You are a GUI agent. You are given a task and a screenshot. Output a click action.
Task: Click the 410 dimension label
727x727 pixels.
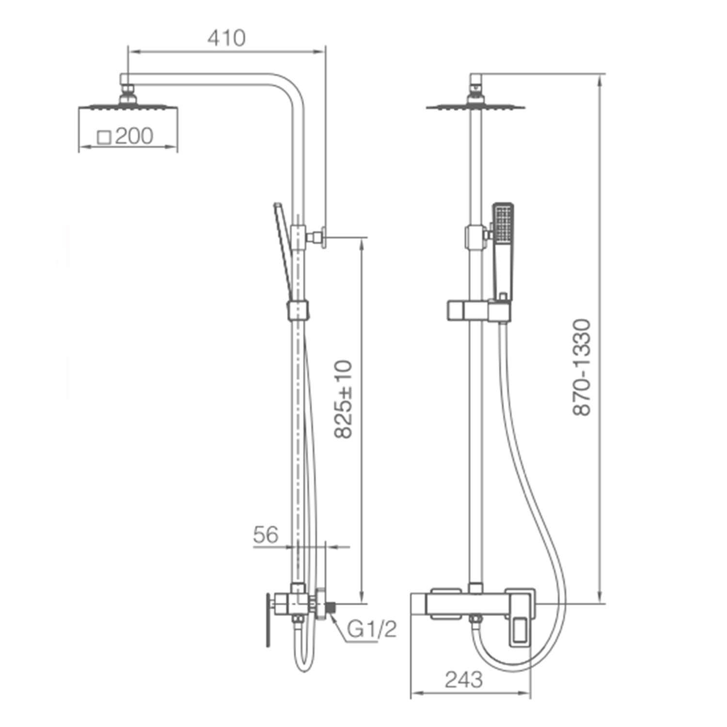tap(226, 38)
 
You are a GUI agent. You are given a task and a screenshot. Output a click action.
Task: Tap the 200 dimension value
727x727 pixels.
tap(134, 136)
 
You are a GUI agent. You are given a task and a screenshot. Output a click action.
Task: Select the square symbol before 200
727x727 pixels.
tap(105, 137)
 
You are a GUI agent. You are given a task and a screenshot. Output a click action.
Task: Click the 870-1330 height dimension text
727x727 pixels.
tap(582, 367)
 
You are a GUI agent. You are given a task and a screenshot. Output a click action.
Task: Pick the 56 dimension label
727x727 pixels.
tap(266, 535)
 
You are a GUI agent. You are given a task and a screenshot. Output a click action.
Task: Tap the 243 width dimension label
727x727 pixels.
tap(464, 680)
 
